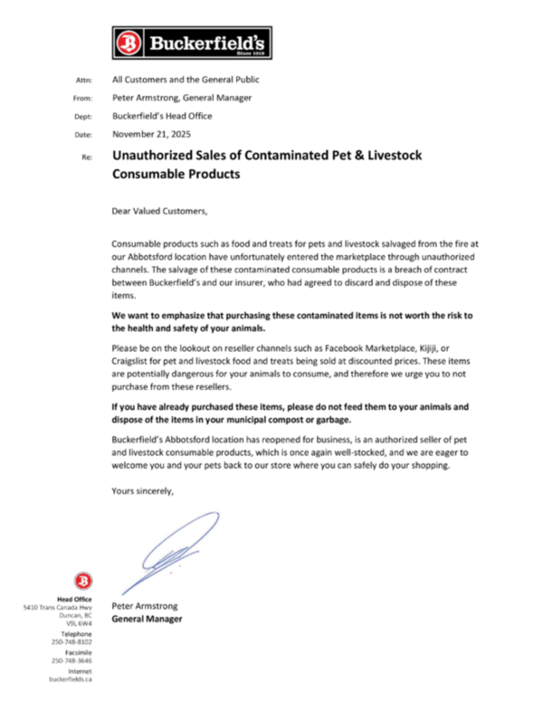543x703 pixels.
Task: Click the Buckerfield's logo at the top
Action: (192, 42)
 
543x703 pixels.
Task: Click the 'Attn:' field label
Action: (84, 80)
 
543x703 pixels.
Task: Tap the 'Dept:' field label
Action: (83, 117)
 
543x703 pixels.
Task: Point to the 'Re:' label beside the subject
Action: (87, 157)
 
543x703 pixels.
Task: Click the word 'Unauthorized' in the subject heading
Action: (151, 156)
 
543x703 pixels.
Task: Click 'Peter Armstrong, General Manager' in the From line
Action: (181, 98)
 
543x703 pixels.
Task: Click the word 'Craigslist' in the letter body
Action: (135, 361)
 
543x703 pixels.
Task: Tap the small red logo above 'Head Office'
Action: (83, 580)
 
